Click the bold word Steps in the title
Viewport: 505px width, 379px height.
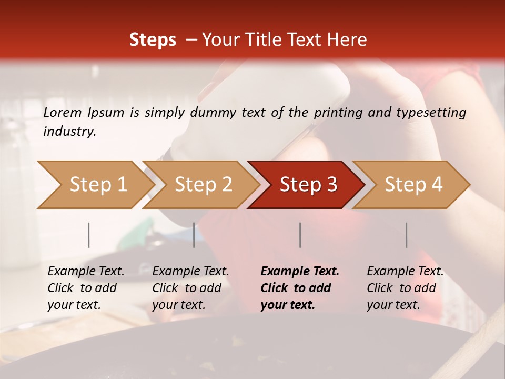(153, 40)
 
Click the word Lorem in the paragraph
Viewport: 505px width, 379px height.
(62, 112)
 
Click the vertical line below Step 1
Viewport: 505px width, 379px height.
(89, 235)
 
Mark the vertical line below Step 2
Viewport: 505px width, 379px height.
(194, 235)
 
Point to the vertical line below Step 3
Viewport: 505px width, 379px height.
(300, 235)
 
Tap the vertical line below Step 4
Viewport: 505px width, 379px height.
(407, 235)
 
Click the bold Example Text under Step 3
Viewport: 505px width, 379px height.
(300, 271)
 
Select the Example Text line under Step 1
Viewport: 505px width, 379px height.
(86, 271)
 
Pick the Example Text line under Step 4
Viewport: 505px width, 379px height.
(405, 271)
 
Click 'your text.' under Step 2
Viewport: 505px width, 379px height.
(178, 305)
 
